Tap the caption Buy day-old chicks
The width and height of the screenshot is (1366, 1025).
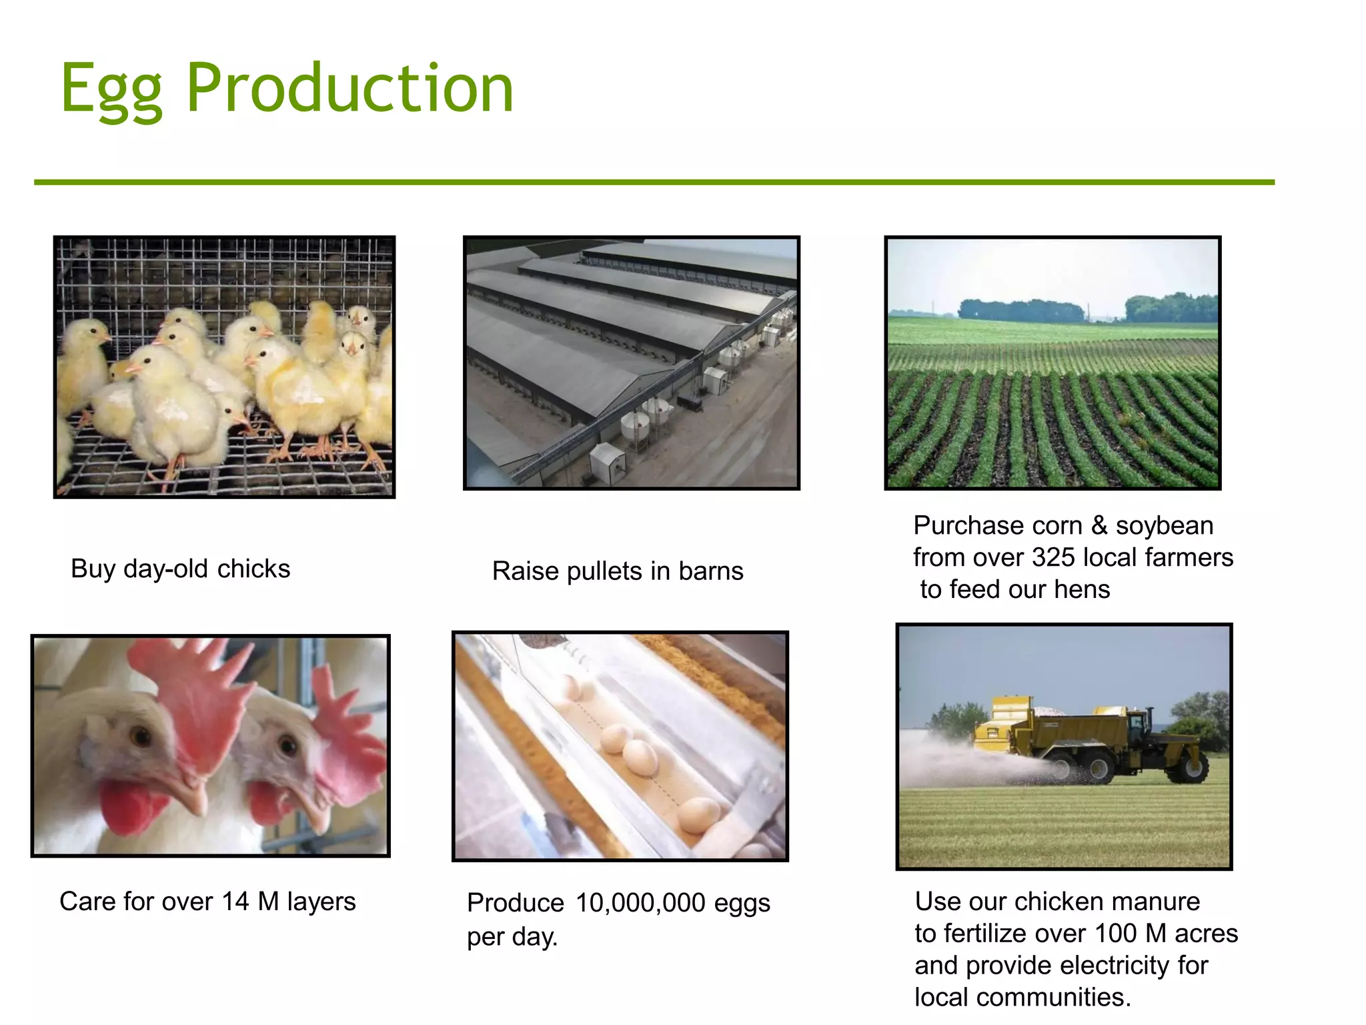tap(180, 569)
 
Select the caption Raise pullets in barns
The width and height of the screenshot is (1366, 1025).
tap(617, 571)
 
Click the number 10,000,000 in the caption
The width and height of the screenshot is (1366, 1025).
tap(640, 903)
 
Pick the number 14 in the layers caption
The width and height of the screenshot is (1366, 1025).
tap(235, 902)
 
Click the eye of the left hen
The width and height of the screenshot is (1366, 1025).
tap(141, 737)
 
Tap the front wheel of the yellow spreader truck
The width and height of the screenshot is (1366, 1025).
tap(1188, 767)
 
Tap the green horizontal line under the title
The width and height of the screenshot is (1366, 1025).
tap(654, 182)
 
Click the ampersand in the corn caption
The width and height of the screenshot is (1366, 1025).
tap(1099, 526)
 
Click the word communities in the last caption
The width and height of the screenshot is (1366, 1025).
tap(1054, 998)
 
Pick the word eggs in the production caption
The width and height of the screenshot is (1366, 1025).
tap(742, 904)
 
